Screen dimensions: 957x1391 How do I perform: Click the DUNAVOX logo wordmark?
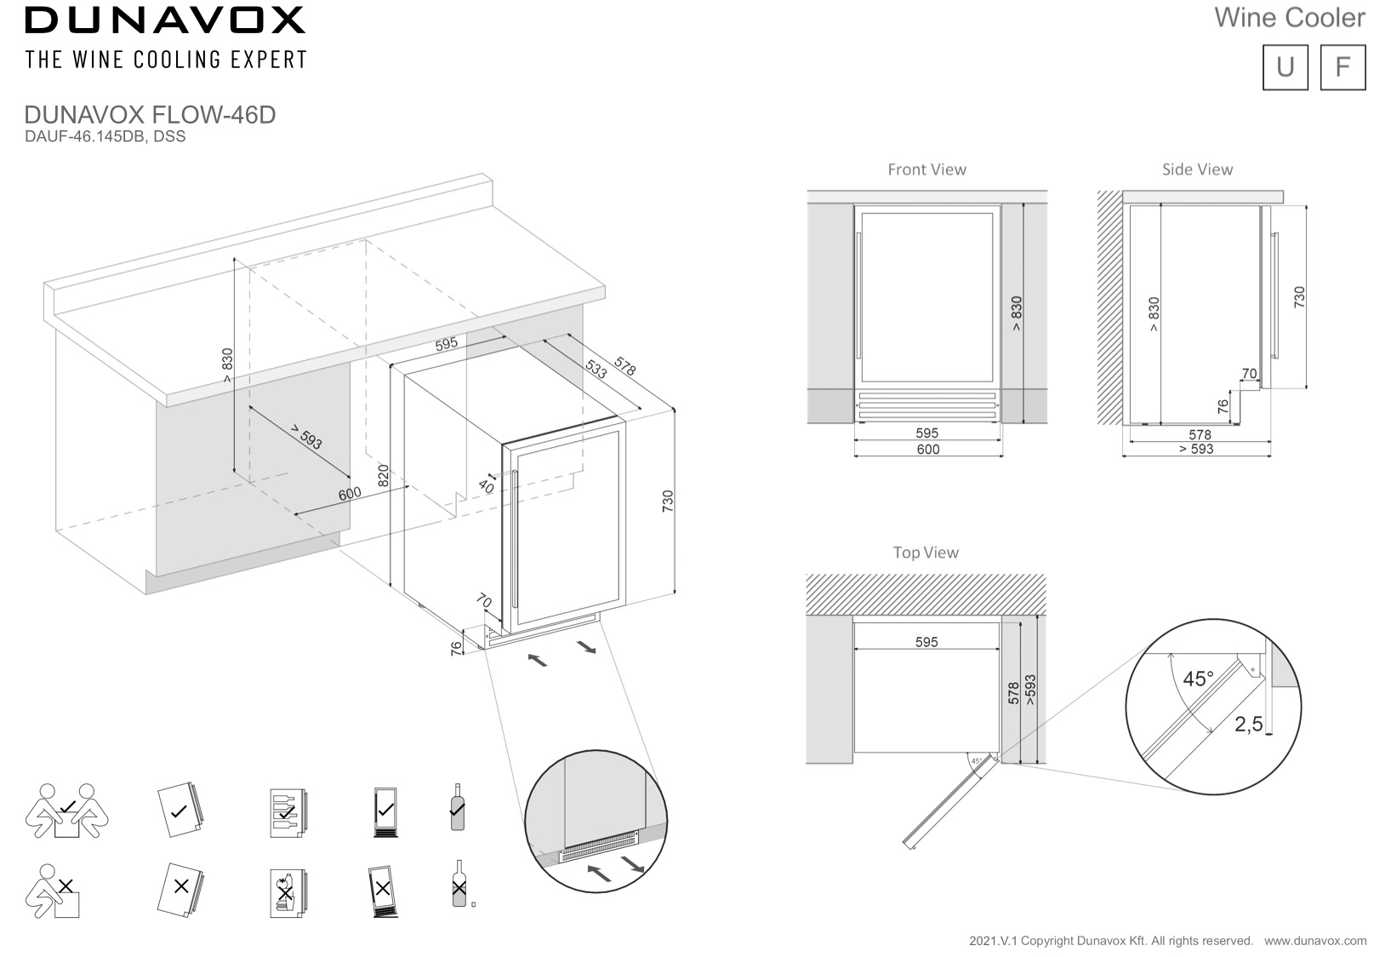tap(164, 20)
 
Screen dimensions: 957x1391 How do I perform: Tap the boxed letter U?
tap(1285, 66)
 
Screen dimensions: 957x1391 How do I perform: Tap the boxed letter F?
tap(1343, 66)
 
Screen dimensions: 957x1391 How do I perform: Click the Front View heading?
tap(926, 169)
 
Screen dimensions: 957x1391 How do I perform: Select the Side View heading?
tap(1197, 169)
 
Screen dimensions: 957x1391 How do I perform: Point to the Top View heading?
tap(926, 553)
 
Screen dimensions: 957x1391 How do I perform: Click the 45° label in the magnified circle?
tap(1198, 679)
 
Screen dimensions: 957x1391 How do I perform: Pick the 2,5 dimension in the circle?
tap(1248, 725)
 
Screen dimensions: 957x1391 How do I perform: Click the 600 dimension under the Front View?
tap(927, 450)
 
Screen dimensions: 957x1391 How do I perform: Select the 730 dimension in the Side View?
tap(1298, 297)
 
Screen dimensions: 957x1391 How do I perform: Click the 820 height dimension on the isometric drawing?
tap(383, 475)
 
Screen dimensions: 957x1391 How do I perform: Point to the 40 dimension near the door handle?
tap(486, 486)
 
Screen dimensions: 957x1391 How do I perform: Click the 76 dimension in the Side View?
tap(1223, 406)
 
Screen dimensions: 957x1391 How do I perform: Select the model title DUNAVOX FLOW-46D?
tap(150, 115)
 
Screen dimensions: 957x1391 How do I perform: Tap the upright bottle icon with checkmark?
tap(458, 807)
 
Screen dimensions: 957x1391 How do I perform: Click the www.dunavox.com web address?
tap(1315, 941)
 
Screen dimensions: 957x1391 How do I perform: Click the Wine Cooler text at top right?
tap(1289, 18)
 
